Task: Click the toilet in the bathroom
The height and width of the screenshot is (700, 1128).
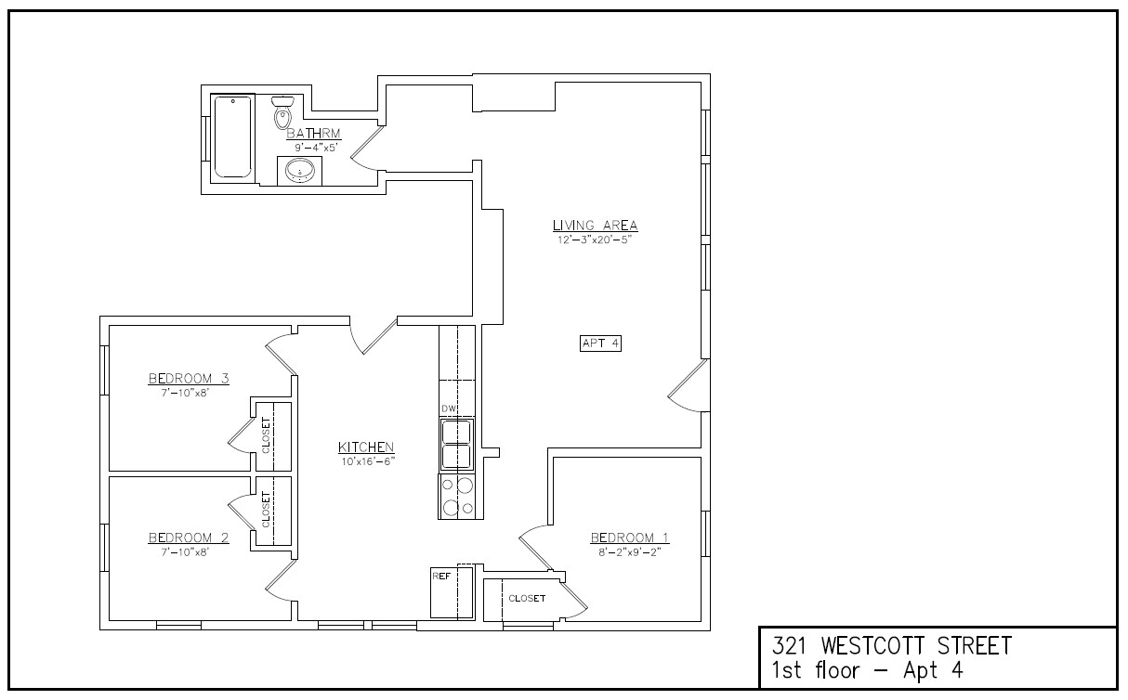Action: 282,112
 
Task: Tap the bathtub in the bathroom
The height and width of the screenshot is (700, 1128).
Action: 232,136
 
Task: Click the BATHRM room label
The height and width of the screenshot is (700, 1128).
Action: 307,134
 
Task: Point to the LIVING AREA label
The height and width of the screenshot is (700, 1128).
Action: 595,226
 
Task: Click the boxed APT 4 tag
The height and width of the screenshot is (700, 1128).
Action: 599,344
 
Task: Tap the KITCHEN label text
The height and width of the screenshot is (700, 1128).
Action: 366,447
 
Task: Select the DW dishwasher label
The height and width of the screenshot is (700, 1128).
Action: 449,409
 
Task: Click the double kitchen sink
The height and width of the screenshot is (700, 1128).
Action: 456,445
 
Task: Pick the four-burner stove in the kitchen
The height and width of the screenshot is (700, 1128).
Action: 457,496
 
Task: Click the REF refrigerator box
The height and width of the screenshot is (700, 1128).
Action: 452,591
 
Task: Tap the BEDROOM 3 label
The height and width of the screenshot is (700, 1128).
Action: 189,378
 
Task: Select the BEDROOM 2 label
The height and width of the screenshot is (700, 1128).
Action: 189,538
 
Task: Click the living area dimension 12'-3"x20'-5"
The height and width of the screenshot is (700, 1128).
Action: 595,240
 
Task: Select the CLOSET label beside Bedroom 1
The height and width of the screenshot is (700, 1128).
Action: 527,599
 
